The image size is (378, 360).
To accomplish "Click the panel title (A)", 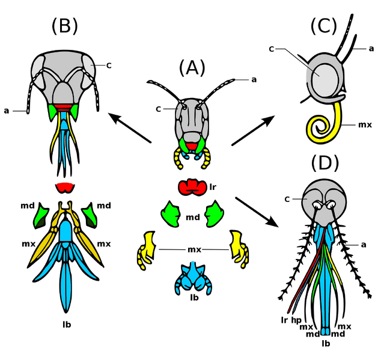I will (x=191, y=68).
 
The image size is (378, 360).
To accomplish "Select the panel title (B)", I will (x=64, y=26).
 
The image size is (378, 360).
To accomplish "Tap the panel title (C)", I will (x=324, y=26).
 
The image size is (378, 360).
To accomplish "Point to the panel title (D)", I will (x=325, y=163).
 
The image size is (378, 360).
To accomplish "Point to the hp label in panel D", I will (x=296, y=320).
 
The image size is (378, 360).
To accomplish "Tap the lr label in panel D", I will (x=284, y=320).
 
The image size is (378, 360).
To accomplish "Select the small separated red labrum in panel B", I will (x=64, y=187).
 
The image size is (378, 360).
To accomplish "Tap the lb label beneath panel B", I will (x=67, y=325).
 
